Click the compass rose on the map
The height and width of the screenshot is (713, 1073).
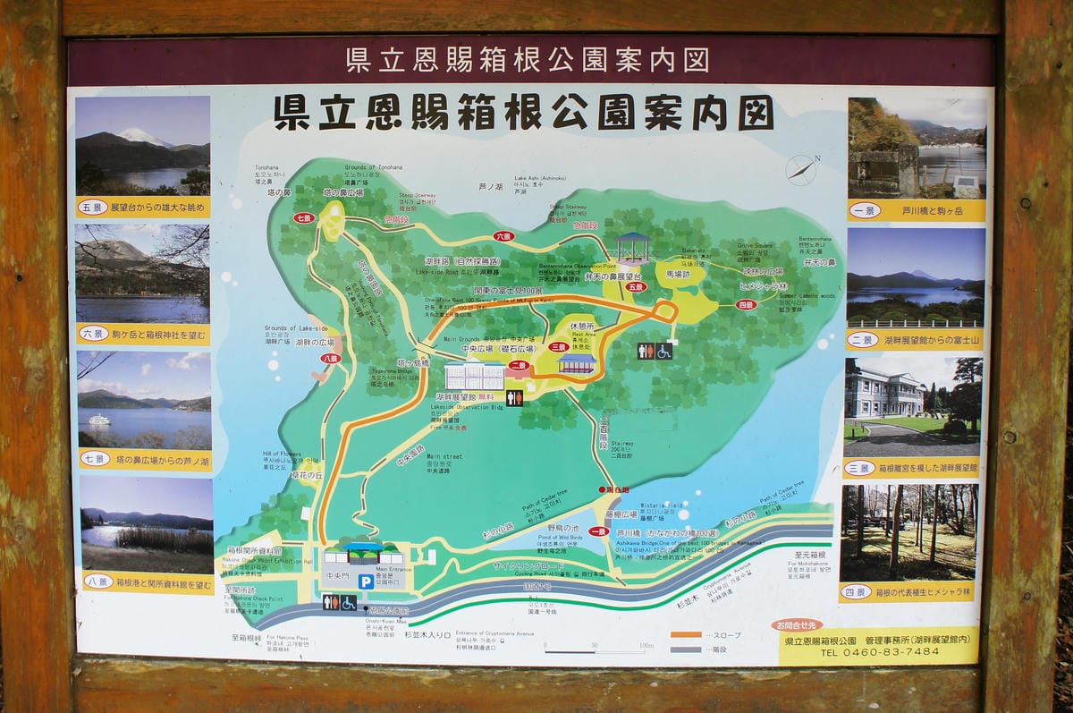[x=800, y=169]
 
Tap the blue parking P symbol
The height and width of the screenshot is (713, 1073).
[x=365, y=581]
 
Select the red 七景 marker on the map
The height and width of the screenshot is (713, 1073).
[x=304, y=217]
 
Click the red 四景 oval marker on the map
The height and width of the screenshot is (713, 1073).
[x=747, y=305]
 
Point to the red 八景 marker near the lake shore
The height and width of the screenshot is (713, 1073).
[x=331, y=358]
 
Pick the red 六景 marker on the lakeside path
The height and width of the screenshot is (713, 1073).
[x=503, y=237]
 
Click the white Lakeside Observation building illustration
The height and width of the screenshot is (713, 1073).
[x=474, y=376]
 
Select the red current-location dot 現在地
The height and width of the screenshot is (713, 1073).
[x=602, y=489]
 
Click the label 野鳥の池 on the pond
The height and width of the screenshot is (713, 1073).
[x=564, y=530]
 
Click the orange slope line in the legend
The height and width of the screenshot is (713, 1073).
[x=686, y=635]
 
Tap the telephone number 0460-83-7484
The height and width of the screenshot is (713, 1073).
[x=880, y=651]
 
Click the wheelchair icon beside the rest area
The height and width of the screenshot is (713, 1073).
[x=663, y=351]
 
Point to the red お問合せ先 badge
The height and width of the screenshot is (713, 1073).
[x=797, y=625]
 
